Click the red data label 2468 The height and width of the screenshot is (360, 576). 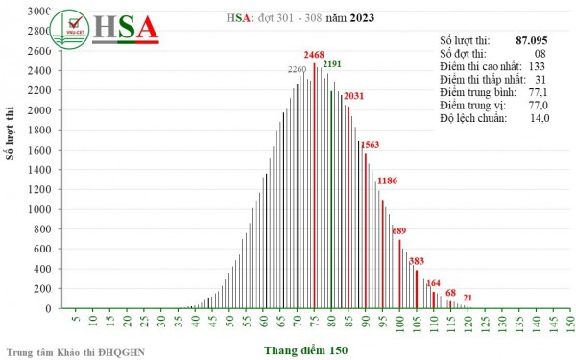pyautogui.click(x=315, y=56)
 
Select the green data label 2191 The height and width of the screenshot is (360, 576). pyautogui.click(x=332, y=64)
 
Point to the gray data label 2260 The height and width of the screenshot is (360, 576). pyautogui.click(x=298, y=69)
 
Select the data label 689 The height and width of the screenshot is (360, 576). pyautogui.click(x=399, y=230)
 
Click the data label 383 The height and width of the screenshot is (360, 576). pyautogui.click(x=416, y=261)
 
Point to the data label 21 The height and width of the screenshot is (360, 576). pyautogui.click(x=468, y=299)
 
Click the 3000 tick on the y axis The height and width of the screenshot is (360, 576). pyautogui.click(x=39, y=12)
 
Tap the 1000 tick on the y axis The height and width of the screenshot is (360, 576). pyautogui.click(x=39, y=209)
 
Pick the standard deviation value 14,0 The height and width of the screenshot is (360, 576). pyautogui.click(x=540, y=118)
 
